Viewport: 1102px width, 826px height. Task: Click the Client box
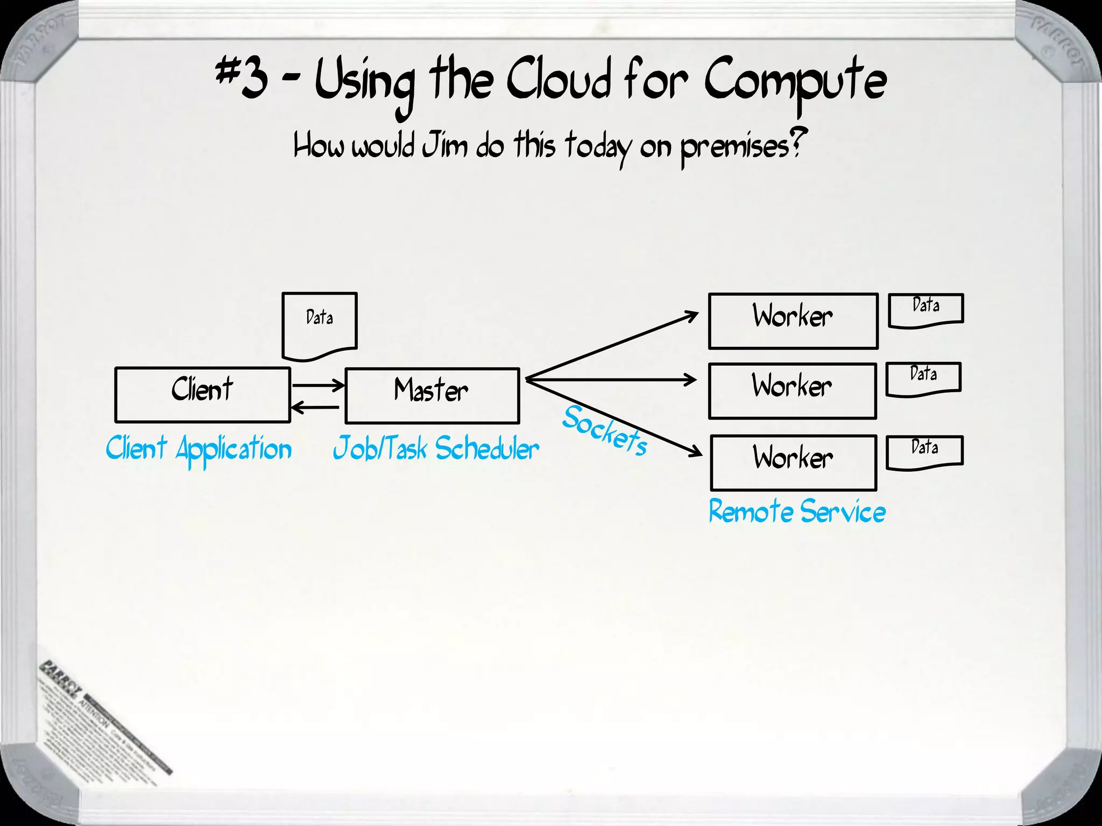[202, 395]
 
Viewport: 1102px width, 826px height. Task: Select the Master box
[432, 396]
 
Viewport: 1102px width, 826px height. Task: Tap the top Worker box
[793, 321]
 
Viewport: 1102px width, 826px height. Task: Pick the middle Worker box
[792, 391]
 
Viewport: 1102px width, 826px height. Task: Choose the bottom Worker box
[793, 462]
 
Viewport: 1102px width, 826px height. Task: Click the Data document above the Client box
[319, 325]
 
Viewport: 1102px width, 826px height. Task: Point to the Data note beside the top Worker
[926, 310]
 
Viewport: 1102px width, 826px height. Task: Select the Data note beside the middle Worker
[923, 379]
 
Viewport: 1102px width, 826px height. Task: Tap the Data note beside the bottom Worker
[924, 452]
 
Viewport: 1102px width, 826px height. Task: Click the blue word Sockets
[605, 431]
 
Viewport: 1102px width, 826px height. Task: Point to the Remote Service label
[796, 511]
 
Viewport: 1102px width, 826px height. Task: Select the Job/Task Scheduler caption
[436, 449]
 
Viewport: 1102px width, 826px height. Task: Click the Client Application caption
[199, 450]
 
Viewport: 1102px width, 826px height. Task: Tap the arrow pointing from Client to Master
[317, 385]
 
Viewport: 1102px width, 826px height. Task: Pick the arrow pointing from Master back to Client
[315, 408]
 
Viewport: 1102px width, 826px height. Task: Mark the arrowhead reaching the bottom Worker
[696, 452]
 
